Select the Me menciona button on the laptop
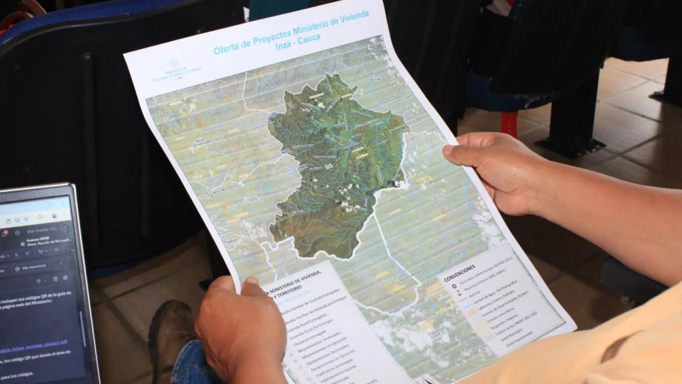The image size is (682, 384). click(x=31, y=267)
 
